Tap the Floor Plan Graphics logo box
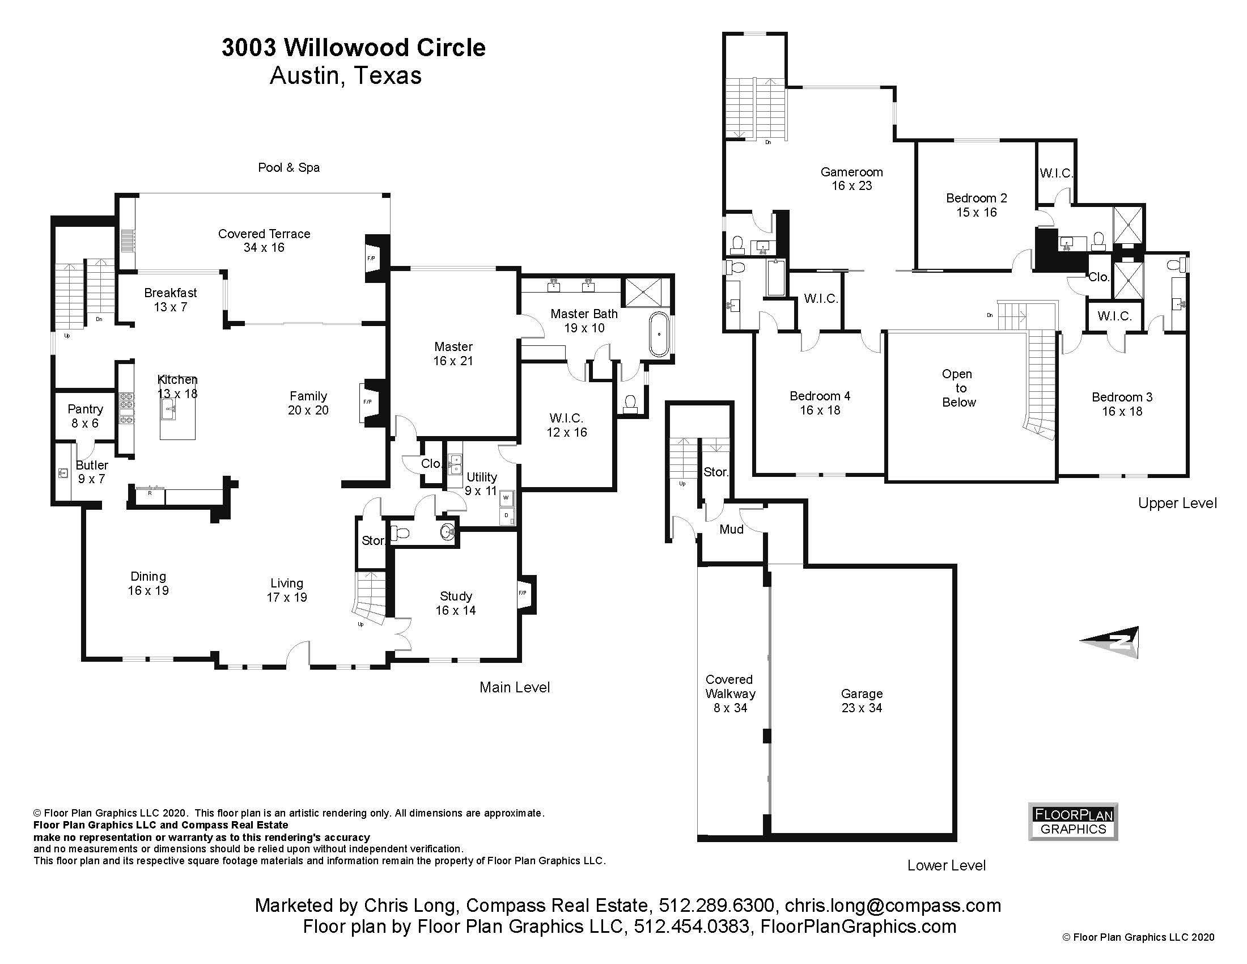tap(1073, 822)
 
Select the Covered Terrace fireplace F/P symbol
tap(371, 259)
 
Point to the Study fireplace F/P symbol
tap(523, 593)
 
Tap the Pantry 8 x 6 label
tap(85, 416)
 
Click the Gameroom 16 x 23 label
tap(851, 178)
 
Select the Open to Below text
tap(958, 388)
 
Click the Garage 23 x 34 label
tap(861, 700)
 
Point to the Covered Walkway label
tap(729, 693)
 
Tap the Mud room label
tap(731, 530)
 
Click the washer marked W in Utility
tap(505, 498)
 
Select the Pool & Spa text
tap(289, 167)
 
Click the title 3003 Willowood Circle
tap(354, 48)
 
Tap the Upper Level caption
tap(1177, 503)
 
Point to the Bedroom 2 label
tap(977, 205)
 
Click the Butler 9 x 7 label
tap(91, 472)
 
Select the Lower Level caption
tap(946, 865)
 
